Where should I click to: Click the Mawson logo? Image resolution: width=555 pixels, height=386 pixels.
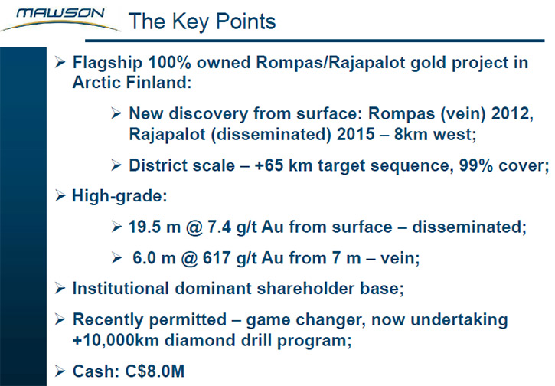pyautogui.click(x=60, y=18)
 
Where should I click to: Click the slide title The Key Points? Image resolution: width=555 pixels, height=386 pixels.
pyautogui.click(x=202, y=21)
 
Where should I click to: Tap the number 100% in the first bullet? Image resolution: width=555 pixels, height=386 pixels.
pyautogui.click(x=169, y=62)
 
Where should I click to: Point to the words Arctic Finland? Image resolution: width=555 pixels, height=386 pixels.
pyautogui.click(x=132, y=83)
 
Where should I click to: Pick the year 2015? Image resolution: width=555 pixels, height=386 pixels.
pyautogui.click(x=356, y=134)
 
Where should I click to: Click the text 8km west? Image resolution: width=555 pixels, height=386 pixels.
pyautogui.click(x=435, y=134)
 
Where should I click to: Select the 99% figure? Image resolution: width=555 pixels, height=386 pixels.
pyautogui.click(x=475, y=165)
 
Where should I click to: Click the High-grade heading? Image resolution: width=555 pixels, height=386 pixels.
pyautogui.click(x=119, y=196)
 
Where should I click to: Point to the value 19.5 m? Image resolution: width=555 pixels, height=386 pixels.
pyautogui.click(x=155, y=227)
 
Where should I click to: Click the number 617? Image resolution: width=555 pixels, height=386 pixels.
pyautogui.click(x=217, y=258)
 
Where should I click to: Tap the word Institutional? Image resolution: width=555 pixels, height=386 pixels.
pyautogui.click(x=120, y=288)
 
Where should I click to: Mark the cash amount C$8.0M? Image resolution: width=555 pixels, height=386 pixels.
pyautogui.click(x=155, y=371)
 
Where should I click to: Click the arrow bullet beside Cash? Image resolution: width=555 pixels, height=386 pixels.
pyautogui.click(x=60, y=371)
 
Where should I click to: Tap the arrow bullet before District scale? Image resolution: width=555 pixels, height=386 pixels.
pyautogui.click(x=116, y=165)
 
